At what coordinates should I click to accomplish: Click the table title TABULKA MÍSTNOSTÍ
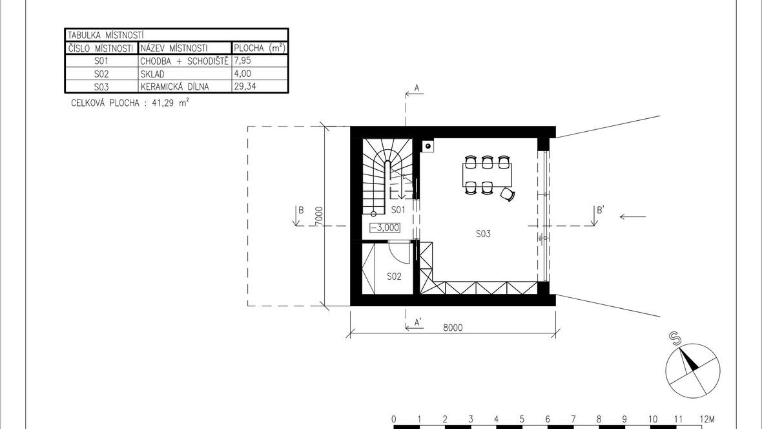105,35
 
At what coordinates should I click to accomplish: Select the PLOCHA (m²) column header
260,48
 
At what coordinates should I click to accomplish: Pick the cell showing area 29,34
245,87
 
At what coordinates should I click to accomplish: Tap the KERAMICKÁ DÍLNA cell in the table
174,87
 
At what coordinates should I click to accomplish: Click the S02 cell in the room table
101,74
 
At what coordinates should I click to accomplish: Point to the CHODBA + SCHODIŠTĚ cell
184,61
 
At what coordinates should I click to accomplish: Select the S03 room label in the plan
483,233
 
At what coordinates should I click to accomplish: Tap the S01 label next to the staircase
398,209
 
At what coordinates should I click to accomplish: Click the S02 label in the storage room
394,277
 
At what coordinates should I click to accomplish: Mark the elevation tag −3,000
385,227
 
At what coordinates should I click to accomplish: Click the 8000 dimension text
453,328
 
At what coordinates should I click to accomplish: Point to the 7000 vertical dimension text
319,216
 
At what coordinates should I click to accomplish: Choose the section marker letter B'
601,210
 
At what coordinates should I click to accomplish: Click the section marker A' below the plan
417,322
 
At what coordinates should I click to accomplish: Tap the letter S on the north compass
674,337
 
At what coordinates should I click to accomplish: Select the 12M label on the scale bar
707,419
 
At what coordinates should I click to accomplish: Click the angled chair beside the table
508,194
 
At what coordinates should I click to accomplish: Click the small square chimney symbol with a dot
428,145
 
